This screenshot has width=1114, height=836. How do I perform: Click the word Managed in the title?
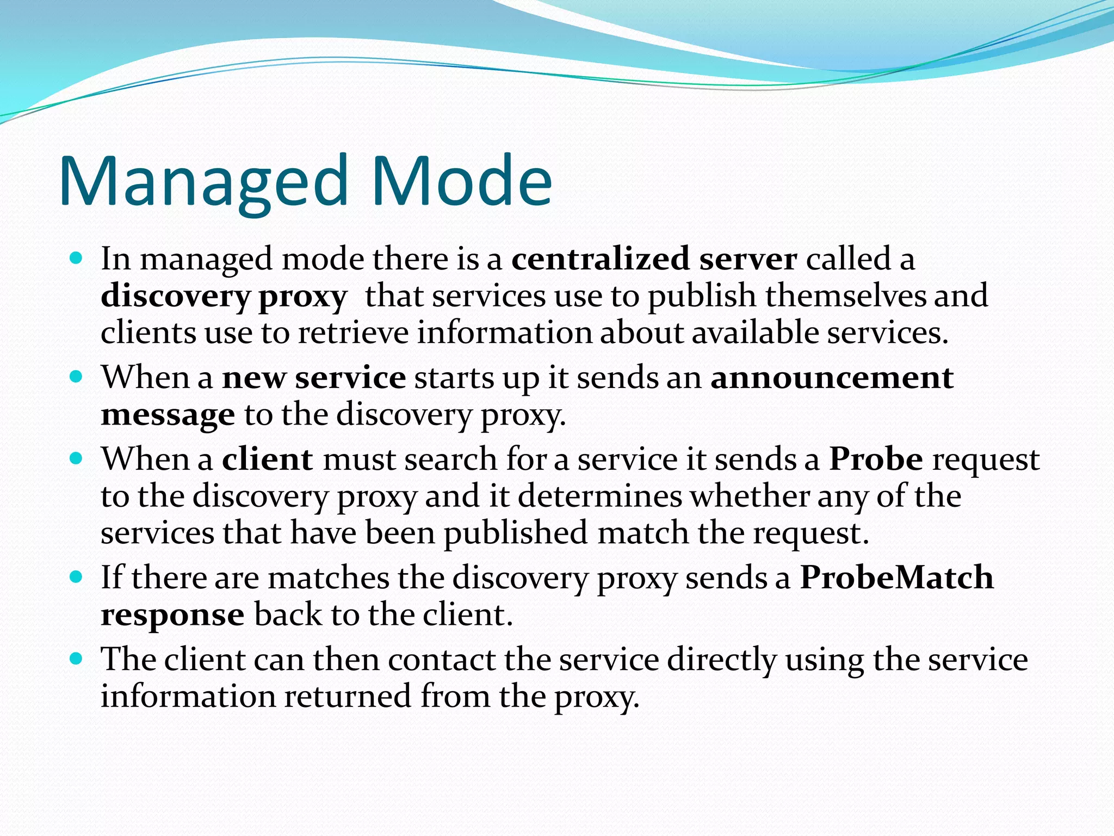(203, 182)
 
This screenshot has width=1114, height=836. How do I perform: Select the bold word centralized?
(601, 259)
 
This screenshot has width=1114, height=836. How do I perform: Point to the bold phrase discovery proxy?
(224, 298)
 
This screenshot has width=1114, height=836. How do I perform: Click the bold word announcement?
(832, 378)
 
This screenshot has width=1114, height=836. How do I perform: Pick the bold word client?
(267, 459)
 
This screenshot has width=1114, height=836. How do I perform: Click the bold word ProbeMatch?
(896, 577)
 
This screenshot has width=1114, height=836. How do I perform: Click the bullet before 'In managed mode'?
(76, 257)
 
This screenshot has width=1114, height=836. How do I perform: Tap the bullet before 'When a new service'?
(76, 376)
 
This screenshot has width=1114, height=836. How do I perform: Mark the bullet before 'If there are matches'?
(76, 576)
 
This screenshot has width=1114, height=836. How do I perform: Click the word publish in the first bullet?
(702, 298)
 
